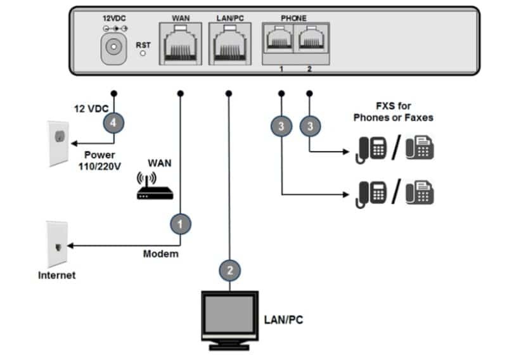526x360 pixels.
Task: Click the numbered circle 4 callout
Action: coord(113,123)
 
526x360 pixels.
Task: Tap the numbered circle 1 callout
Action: coord(180,224)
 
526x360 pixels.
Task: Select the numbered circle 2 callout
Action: coord(229,270)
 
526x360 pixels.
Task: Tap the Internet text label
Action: coord(57,275)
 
